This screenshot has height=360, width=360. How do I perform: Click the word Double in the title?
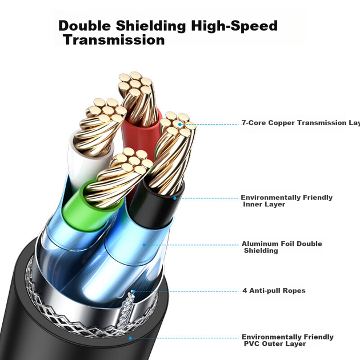85,26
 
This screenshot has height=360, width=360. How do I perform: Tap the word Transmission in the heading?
114,40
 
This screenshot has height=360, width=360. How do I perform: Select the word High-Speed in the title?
234,26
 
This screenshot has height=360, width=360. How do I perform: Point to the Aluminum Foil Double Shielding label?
282,247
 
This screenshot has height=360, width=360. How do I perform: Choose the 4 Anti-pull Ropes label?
274,291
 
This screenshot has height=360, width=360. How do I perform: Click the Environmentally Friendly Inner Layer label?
286,201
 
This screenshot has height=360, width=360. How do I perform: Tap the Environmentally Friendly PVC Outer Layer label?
287,340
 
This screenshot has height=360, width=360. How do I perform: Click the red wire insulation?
141,135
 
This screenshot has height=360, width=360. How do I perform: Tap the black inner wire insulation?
156,205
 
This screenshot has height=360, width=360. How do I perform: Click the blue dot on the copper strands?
180,125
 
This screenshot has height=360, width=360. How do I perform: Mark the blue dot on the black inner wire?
175,198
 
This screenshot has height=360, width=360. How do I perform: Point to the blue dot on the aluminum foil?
144,245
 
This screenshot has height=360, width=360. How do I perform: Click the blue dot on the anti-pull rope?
134,291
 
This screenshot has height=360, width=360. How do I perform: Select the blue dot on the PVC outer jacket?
130,338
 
